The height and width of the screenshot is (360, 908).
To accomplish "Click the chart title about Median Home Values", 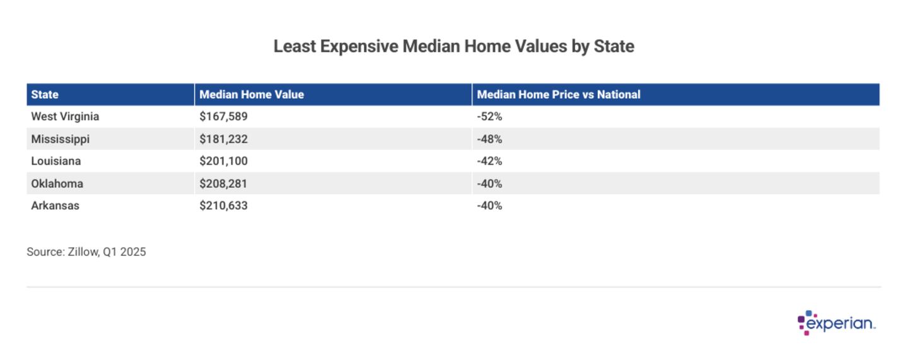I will tap(453, 46).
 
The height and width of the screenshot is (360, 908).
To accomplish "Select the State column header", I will tap(45, 95).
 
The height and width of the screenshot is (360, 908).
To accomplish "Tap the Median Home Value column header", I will tap(252, 95).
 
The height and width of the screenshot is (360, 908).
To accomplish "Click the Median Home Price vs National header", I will tap(558, 95).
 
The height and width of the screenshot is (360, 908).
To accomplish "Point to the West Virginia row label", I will tap(65, 117).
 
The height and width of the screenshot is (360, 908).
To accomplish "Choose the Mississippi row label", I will tap(61, 139).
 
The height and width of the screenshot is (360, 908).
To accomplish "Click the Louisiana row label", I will tap(56, 161).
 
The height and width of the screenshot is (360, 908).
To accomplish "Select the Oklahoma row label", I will tap(57, 183).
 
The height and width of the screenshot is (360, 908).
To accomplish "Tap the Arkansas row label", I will tap(55, 206).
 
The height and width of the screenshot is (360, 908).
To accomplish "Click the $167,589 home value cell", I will tap(223, 117).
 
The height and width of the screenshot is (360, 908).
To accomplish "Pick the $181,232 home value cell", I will tap(223, 139).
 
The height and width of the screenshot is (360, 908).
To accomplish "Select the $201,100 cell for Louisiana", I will tap(223, 161).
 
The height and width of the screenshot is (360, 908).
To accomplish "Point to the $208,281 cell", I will tap(223, 183).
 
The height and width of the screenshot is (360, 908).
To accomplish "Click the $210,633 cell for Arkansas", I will tap(223, 206).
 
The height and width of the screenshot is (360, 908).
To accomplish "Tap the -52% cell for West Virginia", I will tap(489, 117).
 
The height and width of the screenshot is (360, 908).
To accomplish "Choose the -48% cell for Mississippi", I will tap(489, 139).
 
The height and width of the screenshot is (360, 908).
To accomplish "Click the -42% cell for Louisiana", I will tap(489, 161).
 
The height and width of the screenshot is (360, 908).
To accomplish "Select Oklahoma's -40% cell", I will tap(489, 183).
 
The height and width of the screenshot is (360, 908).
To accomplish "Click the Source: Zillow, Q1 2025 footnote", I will tap(86, 252).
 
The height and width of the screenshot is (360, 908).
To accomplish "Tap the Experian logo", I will tap(836, 323).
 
